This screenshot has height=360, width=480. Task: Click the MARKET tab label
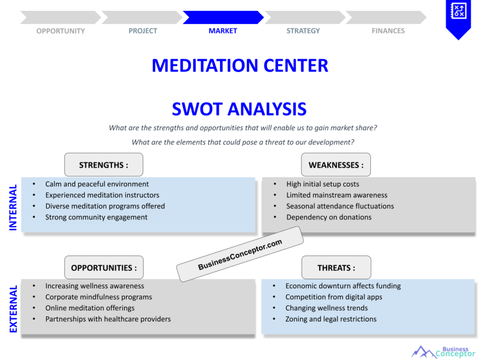click(x=223, y=31)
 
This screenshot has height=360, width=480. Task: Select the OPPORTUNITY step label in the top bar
click(x=60, y=31)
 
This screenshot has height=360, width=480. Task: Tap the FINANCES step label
click(x=388, y=31)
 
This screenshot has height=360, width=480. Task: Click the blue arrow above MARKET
click(x=223, y=17)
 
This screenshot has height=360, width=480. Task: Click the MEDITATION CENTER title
click(x=240, y=65)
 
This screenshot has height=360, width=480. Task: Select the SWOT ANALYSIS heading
click(x=239, y=109)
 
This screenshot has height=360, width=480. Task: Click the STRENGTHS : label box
click(x=104, y=165)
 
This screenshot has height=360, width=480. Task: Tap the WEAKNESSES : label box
click(x=336, y=165)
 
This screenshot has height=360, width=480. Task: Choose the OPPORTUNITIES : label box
click(x=104, y=268)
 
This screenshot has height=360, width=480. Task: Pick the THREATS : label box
click(x=336, y=268)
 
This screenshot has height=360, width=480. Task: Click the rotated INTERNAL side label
click(x=13, y=207)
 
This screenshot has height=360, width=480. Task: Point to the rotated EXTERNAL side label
click(x=13, y=309)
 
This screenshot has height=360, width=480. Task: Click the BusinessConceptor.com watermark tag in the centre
click(x=240, y=255)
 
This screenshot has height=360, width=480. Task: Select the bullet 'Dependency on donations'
click(x=329, y=217)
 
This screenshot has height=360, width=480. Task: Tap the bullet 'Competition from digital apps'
click(x=334, y=297)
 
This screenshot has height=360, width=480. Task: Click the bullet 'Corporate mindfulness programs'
click(x=98, y=297)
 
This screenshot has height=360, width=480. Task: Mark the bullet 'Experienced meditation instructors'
click(x=102, y=195)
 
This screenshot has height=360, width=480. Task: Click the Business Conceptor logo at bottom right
click(x=443, y=352)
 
